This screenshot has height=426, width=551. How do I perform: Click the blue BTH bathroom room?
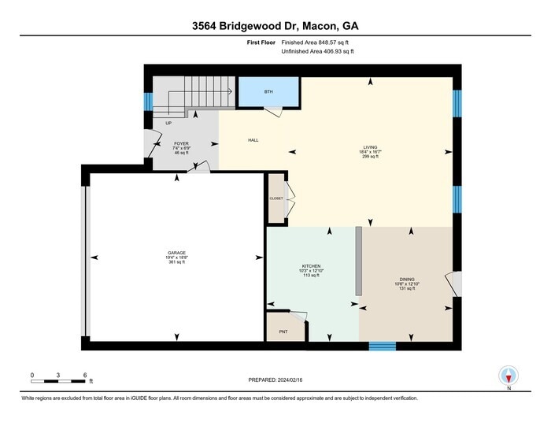[268, 93]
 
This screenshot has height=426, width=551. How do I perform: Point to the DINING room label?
[406, 280]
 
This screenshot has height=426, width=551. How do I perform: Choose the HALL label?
[253, 140]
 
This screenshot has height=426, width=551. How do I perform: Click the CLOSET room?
[276, 198]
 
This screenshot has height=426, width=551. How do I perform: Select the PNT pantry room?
[283, 331]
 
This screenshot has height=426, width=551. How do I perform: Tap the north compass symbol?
[508, 376]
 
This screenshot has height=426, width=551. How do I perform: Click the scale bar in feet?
[59, 382]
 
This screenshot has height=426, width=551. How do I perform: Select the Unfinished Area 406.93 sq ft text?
[317, 51]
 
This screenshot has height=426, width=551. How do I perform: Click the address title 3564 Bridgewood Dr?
[275, 25]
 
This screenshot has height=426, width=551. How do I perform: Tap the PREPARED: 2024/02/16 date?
[275, 380]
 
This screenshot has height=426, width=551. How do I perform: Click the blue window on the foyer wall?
[147, 102]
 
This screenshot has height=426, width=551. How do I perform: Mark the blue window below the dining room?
[383, 345]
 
